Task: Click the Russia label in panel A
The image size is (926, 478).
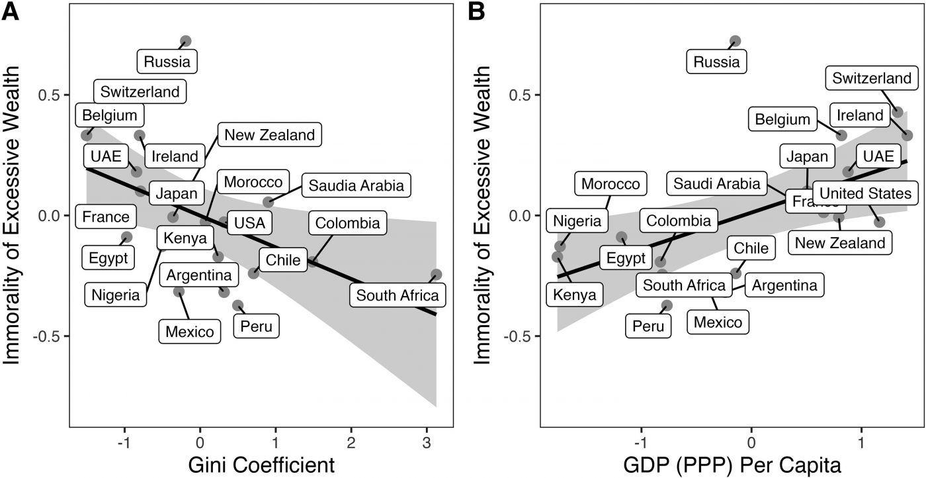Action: [167, 62]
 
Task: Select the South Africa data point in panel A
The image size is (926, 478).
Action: [436, 274]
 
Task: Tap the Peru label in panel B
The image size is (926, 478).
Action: [648, 325]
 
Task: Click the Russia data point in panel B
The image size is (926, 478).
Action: [735, 41]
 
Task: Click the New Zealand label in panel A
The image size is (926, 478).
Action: [269, 135]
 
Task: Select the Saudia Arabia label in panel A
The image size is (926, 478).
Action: [357, 185]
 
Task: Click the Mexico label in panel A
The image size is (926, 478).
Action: [190, 331]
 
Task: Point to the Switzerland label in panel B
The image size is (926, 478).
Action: [872, 78]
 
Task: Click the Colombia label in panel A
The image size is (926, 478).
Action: [348, 223]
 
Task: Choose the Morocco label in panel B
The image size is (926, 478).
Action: [610, 184]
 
